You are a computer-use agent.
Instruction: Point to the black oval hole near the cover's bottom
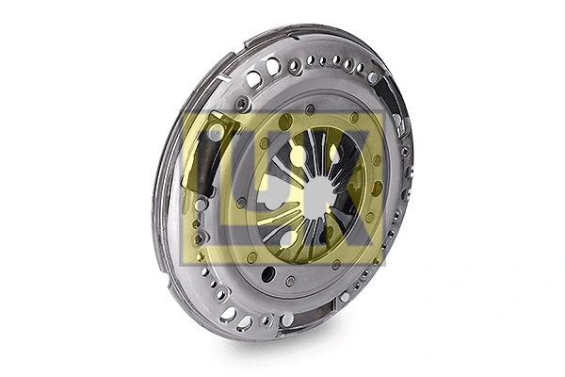click(269, 273)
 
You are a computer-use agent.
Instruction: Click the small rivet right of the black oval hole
click(290, 280)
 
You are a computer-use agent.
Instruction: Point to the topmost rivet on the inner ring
click(311, 109)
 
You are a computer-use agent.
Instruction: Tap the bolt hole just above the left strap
click(243, 105)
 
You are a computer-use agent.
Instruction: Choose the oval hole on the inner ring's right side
click(377, 188)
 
